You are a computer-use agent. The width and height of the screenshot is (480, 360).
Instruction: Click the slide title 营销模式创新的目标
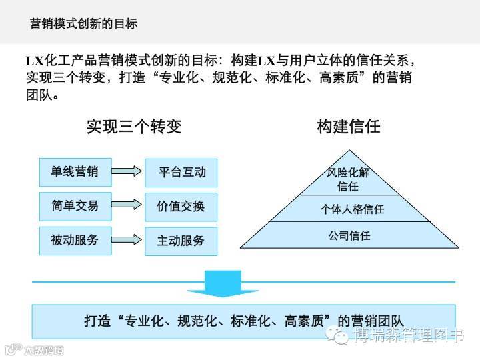click(84, 24)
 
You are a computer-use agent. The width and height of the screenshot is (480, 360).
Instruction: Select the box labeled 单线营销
click(75, 172)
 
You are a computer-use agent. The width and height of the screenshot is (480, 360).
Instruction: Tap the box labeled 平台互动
click(181, 172)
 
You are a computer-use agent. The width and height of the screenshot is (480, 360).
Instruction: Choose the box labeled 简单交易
click(75, 206)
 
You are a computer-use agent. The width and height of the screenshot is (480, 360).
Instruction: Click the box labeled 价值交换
click(181, 207)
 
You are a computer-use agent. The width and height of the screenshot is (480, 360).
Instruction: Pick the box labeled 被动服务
click(75, 240)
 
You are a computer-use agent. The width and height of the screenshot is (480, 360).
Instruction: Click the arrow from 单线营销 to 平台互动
click(127, 172)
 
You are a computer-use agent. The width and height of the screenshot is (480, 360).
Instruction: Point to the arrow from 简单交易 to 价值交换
click(127, 206)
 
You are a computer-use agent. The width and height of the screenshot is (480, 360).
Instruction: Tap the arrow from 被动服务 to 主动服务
click(127, 240)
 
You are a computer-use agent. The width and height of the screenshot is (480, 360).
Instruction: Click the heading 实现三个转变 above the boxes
click(134, 126)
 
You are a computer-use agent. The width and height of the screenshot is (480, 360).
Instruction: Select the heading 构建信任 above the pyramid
click(349, 126)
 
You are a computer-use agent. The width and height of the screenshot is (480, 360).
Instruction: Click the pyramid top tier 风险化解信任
click(348, 179)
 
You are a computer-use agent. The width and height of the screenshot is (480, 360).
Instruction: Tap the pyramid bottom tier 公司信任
click(349, 235)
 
